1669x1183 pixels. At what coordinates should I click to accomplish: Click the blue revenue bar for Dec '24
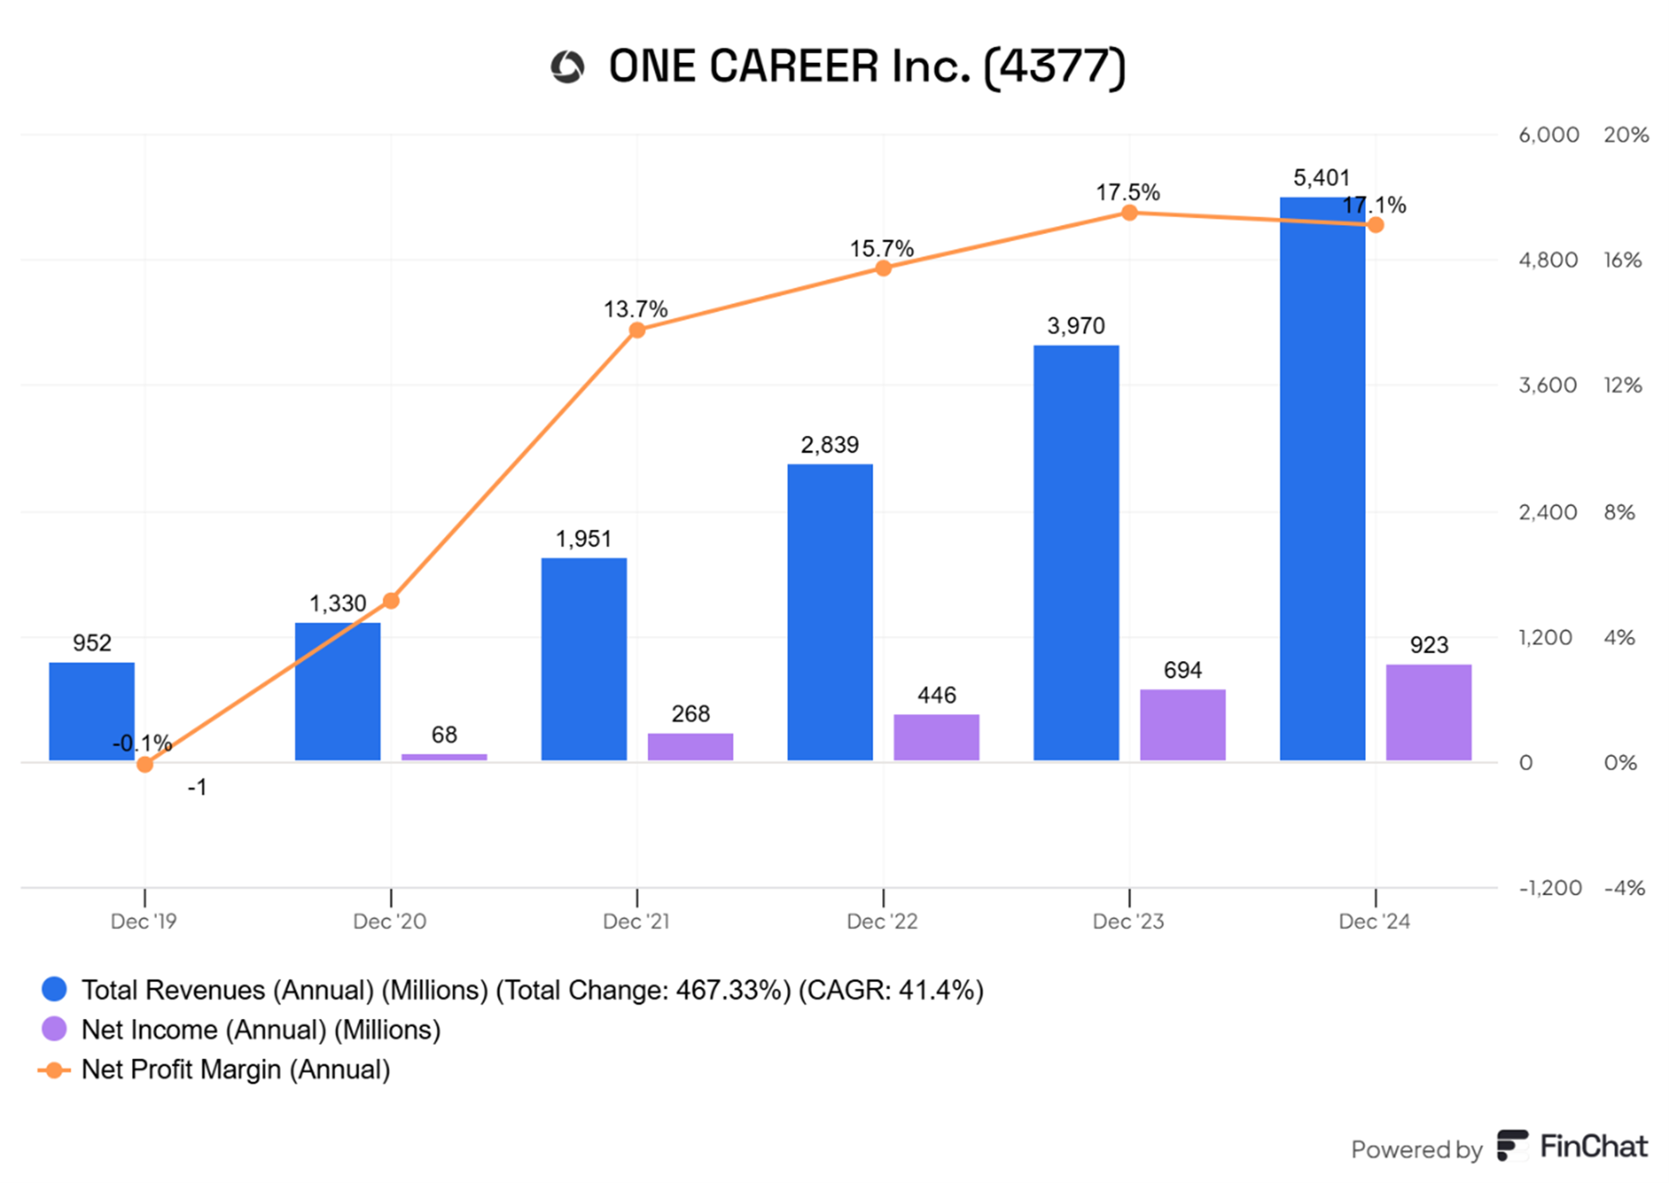[1321, 480]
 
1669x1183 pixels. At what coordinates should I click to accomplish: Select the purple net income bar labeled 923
[1428, 712]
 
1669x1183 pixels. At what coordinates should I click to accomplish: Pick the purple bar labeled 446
[936, 737]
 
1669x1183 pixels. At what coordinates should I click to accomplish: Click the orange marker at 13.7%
[637, 330]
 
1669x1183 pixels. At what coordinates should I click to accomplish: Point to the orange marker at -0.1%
[144, 764]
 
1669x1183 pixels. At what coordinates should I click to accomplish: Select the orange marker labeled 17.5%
[1130, 213]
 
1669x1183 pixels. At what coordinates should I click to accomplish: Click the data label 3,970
[1075, 326]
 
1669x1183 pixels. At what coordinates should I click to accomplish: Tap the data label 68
[444, 735]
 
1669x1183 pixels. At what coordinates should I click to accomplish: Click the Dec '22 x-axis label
[882, 921]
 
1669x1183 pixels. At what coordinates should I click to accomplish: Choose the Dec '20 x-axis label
[389, 921]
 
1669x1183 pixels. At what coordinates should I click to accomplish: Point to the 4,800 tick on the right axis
[1547, 260]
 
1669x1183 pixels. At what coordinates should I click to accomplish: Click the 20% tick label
[1625, 135]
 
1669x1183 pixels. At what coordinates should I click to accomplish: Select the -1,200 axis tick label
[1549, 888]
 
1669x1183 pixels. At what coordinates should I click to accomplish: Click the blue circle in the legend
[55, 989]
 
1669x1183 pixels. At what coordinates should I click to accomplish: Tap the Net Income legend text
[260, 1030]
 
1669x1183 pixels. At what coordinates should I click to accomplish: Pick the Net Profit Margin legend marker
[54, 1070]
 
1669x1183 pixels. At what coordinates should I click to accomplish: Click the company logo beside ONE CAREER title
[567, 66]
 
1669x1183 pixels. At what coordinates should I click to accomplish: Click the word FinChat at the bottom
[1593, 1146]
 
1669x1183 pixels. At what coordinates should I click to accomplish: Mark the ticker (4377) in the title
[1053, 66]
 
